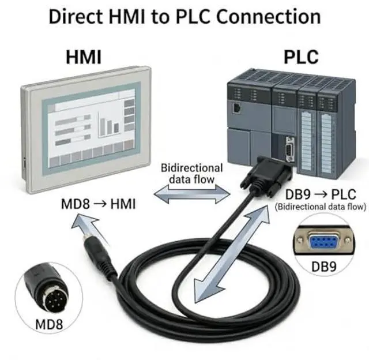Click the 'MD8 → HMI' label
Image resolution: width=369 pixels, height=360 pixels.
(98, 204)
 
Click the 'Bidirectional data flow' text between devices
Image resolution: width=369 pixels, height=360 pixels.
(191, 173)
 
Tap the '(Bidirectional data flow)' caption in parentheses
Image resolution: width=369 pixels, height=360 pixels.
(321, 206)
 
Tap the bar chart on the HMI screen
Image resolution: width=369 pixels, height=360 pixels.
(110, 125)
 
